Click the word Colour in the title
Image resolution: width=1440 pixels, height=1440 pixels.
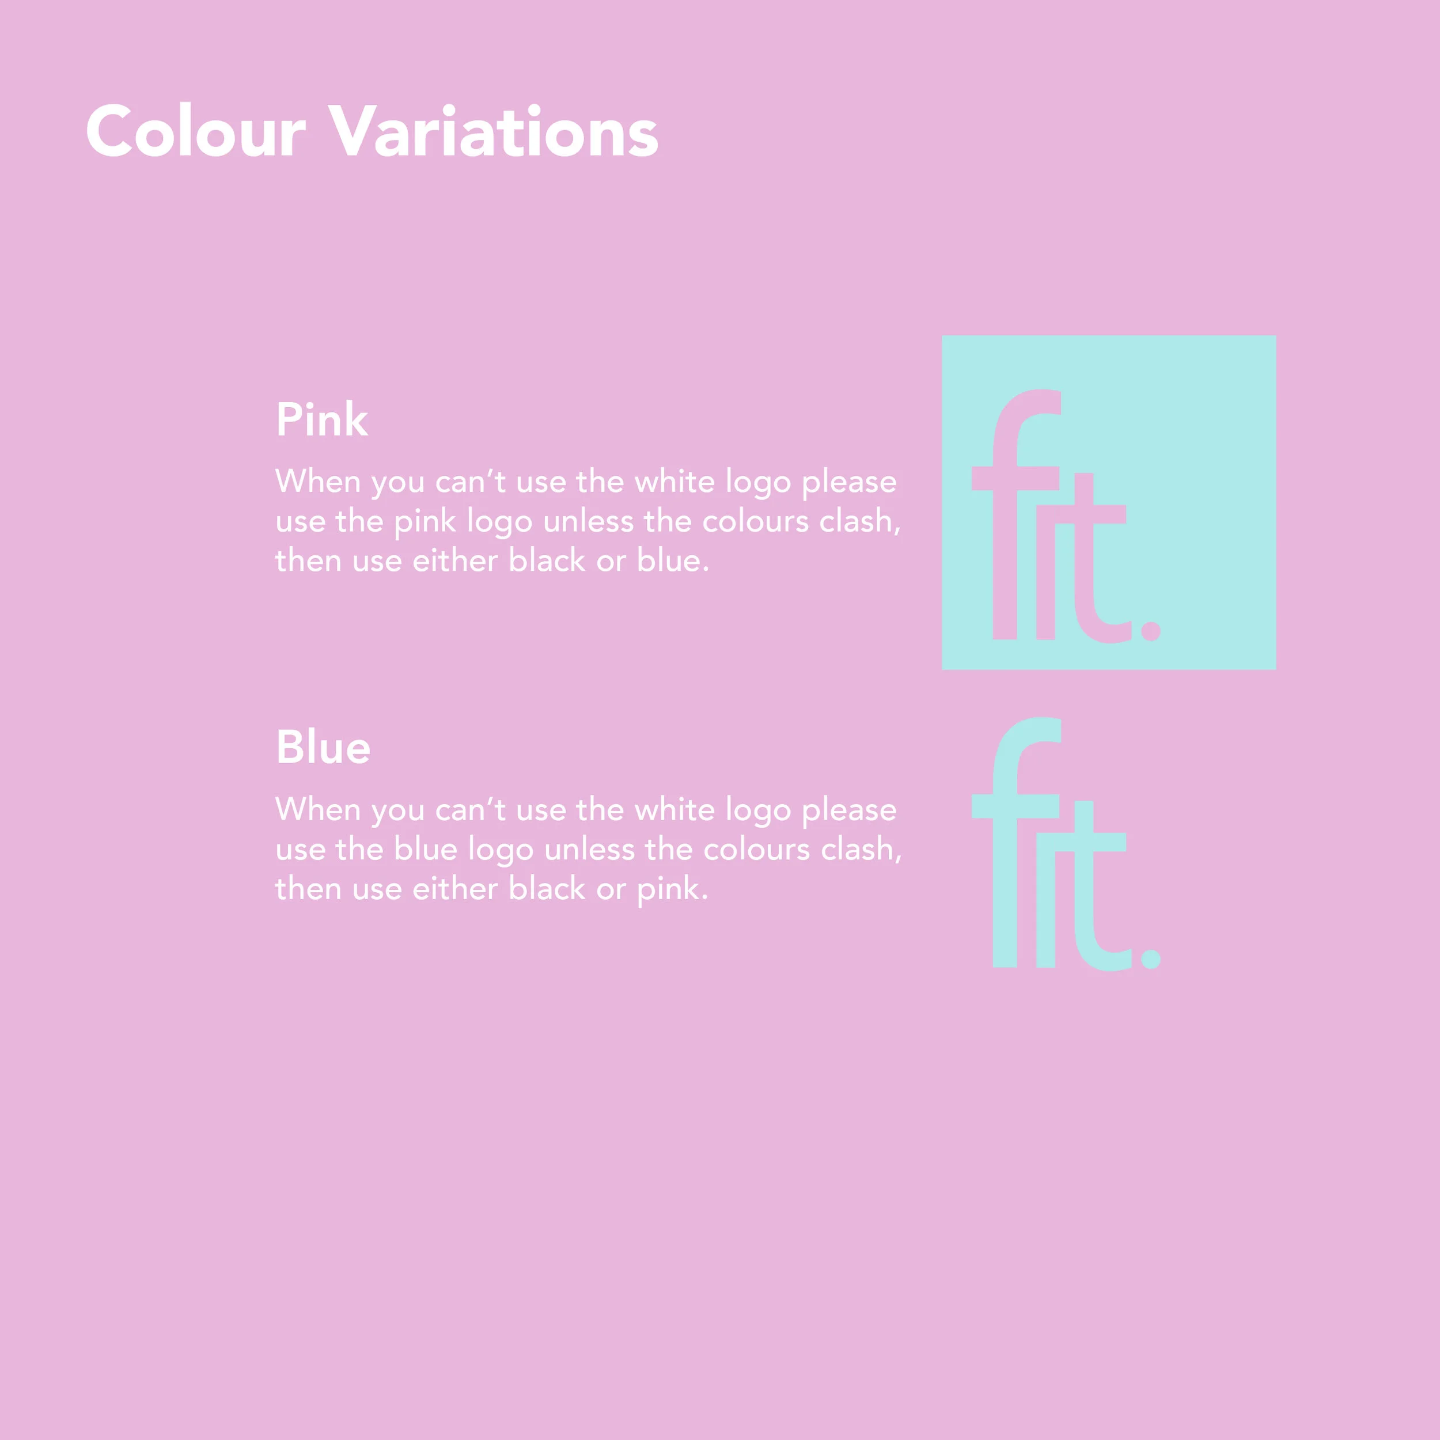click(195, 132)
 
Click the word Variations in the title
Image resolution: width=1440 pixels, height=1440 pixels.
click(494, 132)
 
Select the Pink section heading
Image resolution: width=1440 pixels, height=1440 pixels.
click(321, 420)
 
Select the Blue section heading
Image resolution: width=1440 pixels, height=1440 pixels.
click(323, 748)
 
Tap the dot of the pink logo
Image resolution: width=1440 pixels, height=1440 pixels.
click(1151, 631)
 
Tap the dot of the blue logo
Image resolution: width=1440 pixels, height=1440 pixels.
click(1151, 958)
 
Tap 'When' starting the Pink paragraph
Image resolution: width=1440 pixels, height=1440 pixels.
click(319, 482)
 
